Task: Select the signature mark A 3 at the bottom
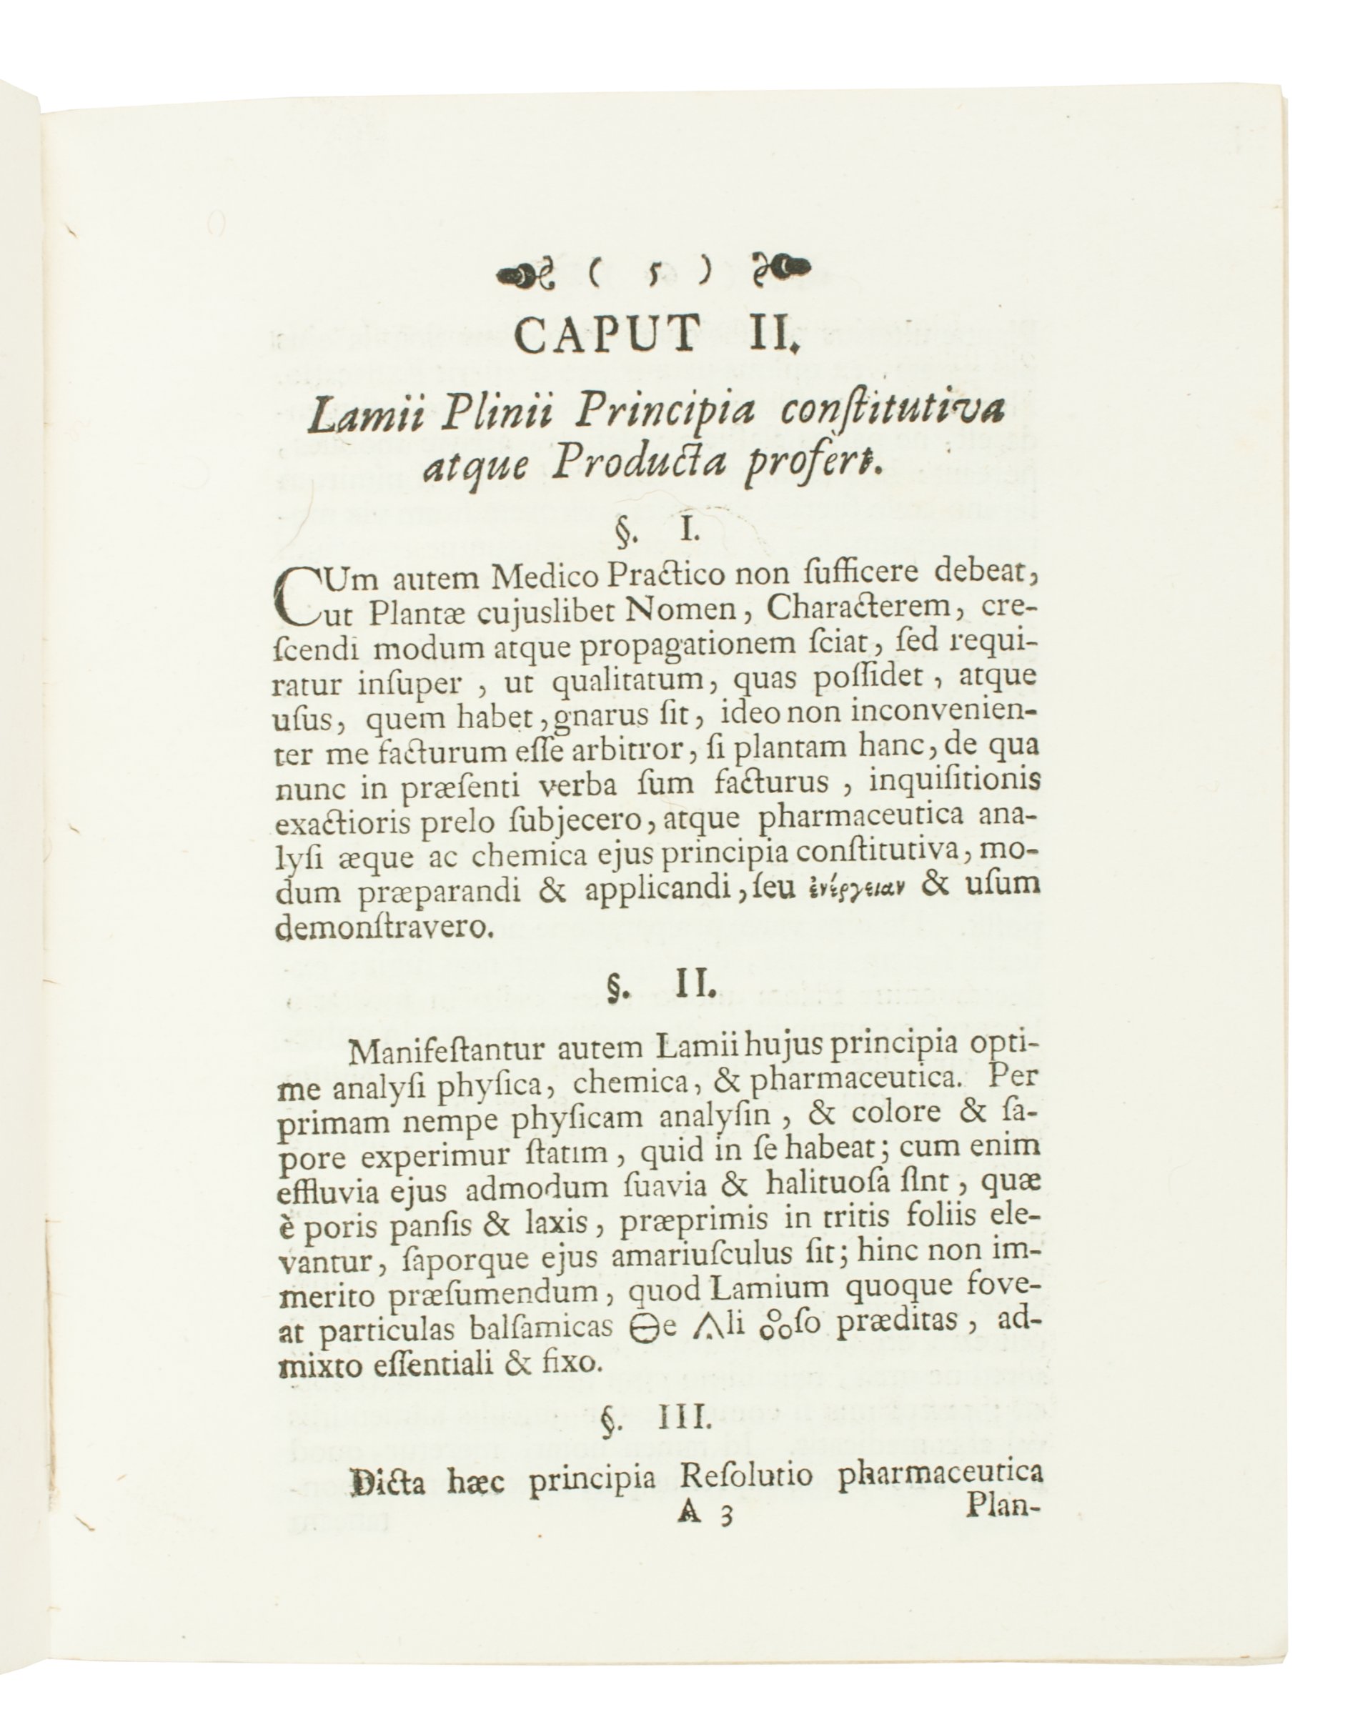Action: (704, 1513)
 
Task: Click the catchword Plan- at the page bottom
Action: (998, 1505)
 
